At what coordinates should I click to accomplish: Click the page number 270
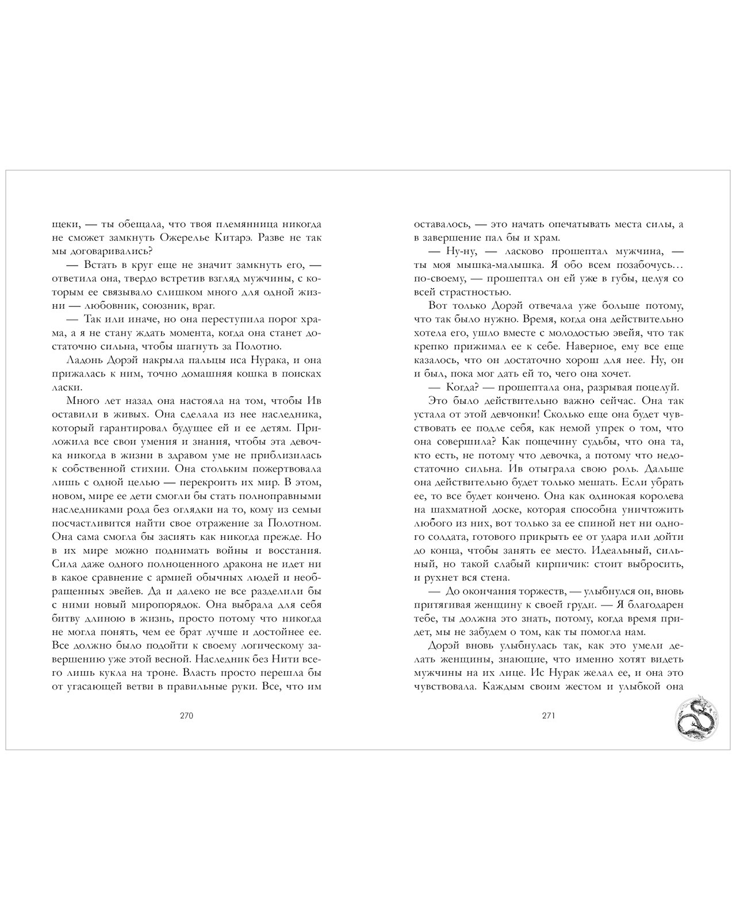[185, 716]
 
